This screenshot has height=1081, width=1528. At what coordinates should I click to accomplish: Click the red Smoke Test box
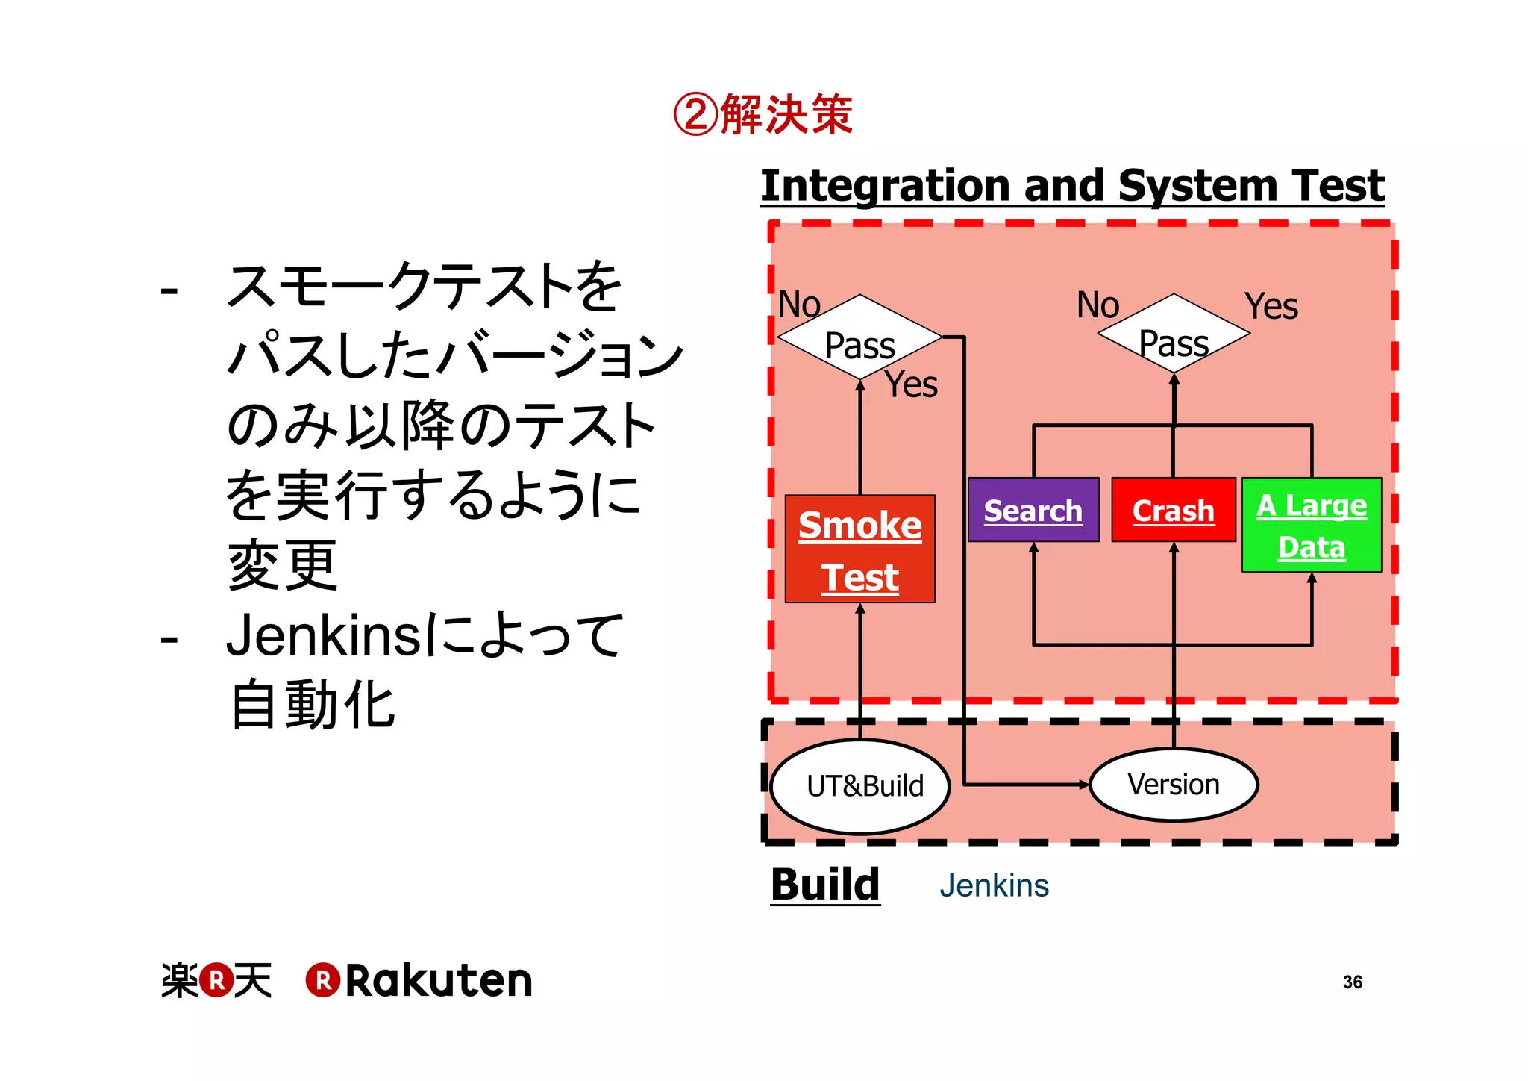click(x=859, y=549)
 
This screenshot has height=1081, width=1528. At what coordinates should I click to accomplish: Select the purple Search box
click(x=1033, y=510)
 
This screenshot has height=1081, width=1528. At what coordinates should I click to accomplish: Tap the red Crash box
click(x=1173, y=510)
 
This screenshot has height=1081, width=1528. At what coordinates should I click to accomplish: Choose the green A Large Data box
click(x=1311, y=525)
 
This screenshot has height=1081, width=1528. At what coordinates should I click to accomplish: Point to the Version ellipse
click(x=1174, y=785)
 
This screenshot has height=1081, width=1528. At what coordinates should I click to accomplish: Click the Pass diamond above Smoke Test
click(x=859, y=340)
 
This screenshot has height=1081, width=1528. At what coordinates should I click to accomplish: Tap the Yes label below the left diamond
click(x=910, y=385)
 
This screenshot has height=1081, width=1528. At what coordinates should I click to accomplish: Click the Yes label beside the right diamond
click(x=1271, y=306)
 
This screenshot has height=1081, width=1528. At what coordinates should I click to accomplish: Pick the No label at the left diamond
click(x=799, y=305)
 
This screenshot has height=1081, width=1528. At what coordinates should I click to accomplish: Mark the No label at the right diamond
click(x=1098, y=305)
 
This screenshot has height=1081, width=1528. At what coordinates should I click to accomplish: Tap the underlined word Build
click(x=825, y=885)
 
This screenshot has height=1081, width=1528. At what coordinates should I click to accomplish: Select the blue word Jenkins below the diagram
click(x=994, y=885)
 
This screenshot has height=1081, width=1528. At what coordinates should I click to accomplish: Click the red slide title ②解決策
click(x=763, y=115)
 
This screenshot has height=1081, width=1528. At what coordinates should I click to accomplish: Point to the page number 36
click(x=1352, y=982)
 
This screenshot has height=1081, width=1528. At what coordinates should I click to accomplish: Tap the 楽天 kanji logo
click(x=216, y=980)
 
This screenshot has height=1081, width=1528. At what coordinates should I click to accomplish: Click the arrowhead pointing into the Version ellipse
click(x=1084, y=785)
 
